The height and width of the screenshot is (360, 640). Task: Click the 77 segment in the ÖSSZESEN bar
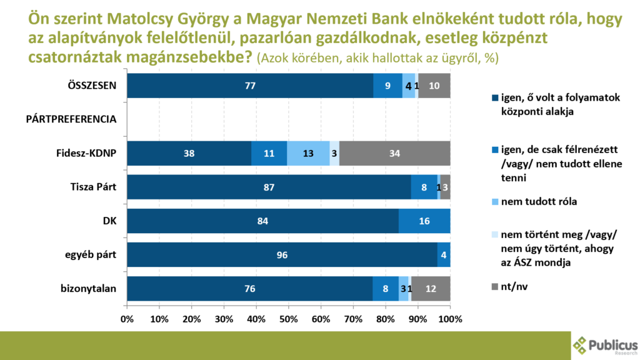click(250, 86)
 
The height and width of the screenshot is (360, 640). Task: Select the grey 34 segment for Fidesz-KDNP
click(395, 153)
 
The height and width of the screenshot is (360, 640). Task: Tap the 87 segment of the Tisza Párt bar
click(269, 187)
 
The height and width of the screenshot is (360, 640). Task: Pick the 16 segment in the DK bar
click(424, 221)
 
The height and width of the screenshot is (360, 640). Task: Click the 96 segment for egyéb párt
click(282, 254)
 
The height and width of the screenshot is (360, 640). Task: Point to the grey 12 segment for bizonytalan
click(431, 288)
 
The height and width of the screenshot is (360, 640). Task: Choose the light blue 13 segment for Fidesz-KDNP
click(308, 153)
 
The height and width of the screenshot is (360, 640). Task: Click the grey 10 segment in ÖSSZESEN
click(434, 86)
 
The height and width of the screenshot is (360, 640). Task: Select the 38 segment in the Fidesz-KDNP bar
click(189, 153)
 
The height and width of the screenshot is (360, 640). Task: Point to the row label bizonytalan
click(89, 288)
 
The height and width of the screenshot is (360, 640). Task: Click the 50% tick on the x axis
click(289, 319)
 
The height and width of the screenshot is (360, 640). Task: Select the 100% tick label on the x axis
click(450, 319)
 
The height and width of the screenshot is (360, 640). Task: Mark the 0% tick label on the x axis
click(127, 319)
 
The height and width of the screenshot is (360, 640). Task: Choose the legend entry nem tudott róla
click(534, 202)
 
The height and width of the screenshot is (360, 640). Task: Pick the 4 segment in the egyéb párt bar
click(444, 254)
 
